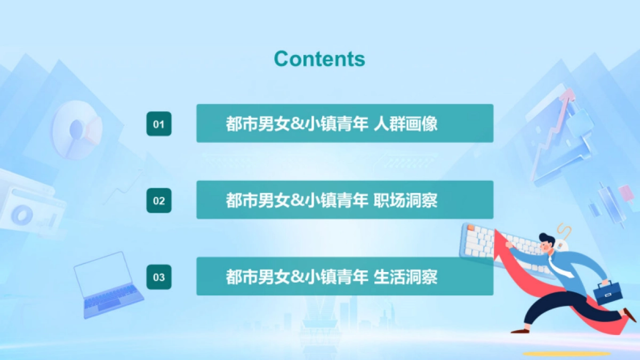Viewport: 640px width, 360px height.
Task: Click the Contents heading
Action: point(319,59)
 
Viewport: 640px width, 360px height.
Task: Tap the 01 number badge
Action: point(159,124)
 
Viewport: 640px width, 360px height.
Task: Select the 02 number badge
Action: point(159,201)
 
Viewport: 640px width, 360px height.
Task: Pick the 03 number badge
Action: point(159,277)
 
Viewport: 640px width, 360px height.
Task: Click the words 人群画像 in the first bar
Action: point(406,124)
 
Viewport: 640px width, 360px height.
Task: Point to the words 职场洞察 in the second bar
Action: point(406,201)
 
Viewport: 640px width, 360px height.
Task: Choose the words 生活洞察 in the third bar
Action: point(406,277)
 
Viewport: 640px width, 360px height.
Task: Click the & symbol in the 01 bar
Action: point(297,124)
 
